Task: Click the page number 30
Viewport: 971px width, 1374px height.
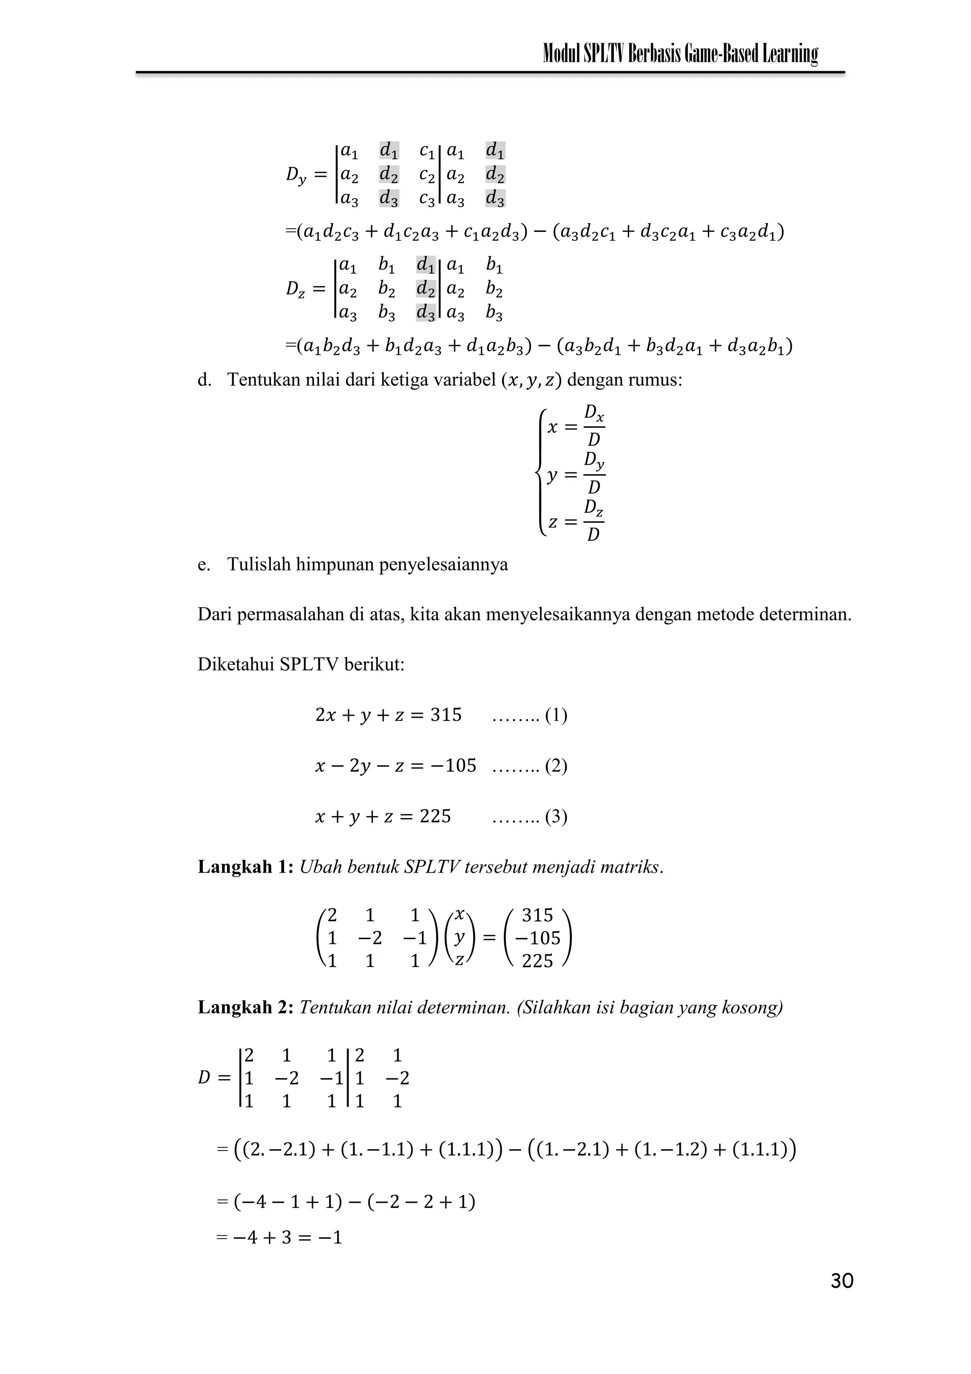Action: point(842,1281)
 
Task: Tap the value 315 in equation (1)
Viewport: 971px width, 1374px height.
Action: point(446,715)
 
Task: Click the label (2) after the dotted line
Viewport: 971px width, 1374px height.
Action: point(556,766)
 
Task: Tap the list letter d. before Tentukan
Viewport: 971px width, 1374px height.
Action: point(205,380)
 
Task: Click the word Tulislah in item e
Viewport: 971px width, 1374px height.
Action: point(259,564)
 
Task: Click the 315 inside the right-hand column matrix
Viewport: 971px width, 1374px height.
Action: point(537,915)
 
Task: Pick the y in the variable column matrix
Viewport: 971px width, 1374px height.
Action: point(459,938)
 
